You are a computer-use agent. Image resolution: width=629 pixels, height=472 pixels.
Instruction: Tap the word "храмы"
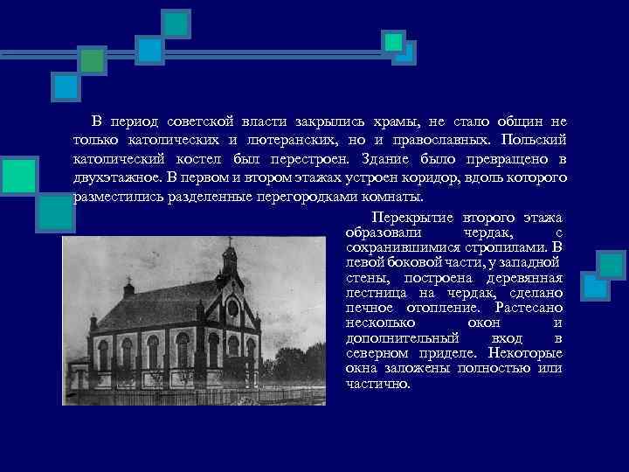pyautogui.click(x=394, y=121)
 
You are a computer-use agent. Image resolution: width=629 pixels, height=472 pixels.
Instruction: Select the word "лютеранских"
pyautogui.click(x=288, y=140)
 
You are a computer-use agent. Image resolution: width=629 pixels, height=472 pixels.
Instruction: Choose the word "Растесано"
pyautogui.click(x=528, y=308)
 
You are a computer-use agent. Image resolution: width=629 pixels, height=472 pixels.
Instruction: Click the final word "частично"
pyautogui.click(x=377, y=383)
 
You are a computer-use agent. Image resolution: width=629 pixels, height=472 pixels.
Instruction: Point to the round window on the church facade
pyautogui.click(x=232, y=307)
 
